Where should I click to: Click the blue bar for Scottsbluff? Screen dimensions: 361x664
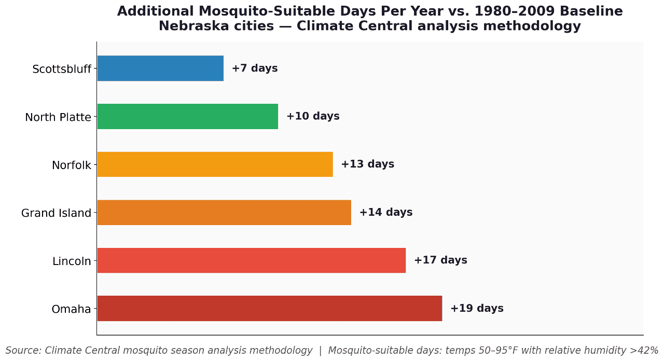point(160,68)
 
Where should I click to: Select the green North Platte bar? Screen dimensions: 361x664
point(187,116)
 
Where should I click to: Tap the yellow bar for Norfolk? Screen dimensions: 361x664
point(215,164)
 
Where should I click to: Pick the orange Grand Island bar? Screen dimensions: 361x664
point(224,212)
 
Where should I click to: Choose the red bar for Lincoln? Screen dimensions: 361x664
point(251,260)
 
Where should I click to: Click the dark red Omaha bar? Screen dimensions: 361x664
point(269,308)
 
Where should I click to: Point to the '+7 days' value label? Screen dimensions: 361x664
point(255,68)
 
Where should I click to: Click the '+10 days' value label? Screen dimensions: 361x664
point(313,116)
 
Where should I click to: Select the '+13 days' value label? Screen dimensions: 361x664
point(367,164)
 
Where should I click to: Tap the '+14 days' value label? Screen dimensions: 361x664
point(386,212)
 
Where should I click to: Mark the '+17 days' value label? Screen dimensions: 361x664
point(440,260)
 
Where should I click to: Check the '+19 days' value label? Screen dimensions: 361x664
point(477,308)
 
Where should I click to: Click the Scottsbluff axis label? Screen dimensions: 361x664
point(62,69)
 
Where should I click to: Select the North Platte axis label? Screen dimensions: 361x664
point(58,117)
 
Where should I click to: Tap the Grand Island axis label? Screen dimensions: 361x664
point(56,213)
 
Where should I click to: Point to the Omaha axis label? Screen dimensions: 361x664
point(71,309)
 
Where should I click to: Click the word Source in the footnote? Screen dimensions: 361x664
point(23,351)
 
